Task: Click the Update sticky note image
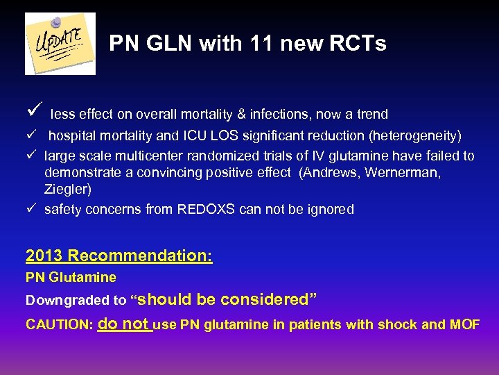(60, 43)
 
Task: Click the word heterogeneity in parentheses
(416, 135)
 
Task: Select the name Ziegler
(67, 189)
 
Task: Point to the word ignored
(330, 209)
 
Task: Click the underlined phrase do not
(124, 324)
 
